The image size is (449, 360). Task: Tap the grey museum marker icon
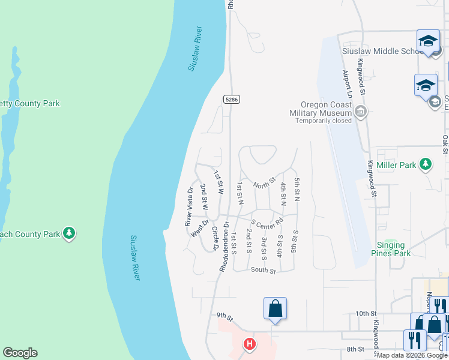pyautogui.click(x=361, y=111)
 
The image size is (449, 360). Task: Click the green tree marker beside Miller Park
pyautogui.click(x=426, y=164)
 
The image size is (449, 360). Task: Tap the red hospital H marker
pyautogui.click(x=249, y=344)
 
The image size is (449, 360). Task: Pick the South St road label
pyautogui.click(x=263, y=271)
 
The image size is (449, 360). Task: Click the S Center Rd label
pyautogui.click(x=267, y=223)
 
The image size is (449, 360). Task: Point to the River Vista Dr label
pyautogui.click(x=189, y=206)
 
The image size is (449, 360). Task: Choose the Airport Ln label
pyautogui.click(x=346, y=84)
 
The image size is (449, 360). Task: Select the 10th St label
pyautogui.click(x=366, y=313)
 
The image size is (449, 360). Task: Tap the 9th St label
pyautogui.click(x=224, y=315)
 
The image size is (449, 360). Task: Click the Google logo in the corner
pyautogui.click(x=20, y=353)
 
